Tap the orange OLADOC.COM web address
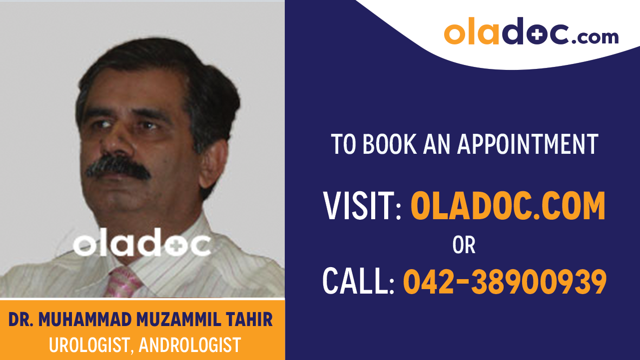[508, 206]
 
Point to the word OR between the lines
[464, 245]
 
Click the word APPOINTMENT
[528, 144]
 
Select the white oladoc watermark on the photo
[142, 245]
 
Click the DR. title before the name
[21, 320]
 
